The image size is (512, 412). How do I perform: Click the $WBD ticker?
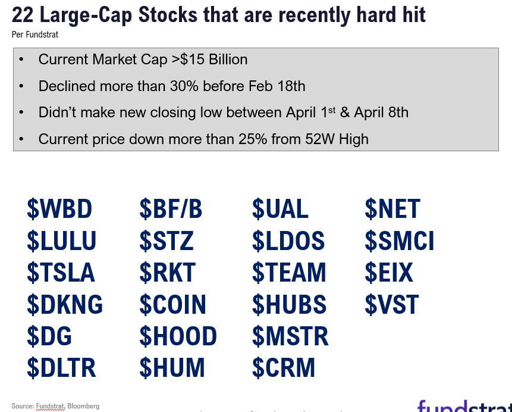pos(59,208)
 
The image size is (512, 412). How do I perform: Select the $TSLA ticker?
pos(61,272)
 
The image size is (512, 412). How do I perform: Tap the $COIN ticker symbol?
pos(172,304)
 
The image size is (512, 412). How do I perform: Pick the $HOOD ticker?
pos(178,336)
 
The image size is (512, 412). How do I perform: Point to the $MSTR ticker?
pos(290,336)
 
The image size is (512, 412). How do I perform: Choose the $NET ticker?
pos(392,208)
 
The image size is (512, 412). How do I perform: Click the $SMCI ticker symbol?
pos(400,241)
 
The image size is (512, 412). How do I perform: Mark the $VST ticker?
pos(392,304)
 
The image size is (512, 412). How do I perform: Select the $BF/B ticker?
pos(171,208)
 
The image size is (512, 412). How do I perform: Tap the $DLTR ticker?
pos(61,367)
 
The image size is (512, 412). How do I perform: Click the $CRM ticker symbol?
pos(284,367)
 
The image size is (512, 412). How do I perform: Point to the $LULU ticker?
pos(61,241)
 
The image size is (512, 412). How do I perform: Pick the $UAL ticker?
pos(280,208)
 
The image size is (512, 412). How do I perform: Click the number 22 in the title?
pos(23,15)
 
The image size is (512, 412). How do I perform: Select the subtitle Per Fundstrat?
pos(35,35)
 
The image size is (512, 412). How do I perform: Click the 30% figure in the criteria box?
pos(184,86)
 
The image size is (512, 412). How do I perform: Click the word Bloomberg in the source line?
pos(83,406)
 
